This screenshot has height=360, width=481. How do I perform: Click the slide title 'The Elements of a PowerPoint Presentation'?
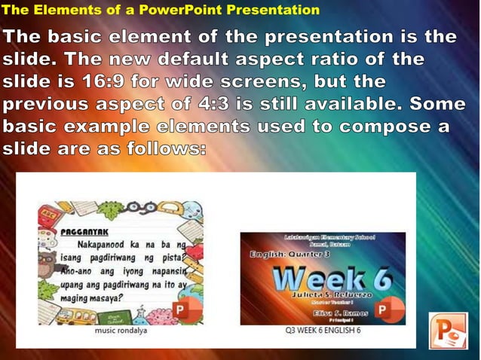pos(160,10)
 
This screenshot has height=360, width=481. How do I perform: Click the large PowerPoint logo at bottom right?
pos(449,331)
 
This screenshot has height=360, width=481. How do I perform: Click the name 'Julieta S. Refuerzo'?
pos(326,296)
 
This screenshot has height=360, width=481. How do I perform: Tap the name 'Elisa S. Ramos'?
pos(342,311)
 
